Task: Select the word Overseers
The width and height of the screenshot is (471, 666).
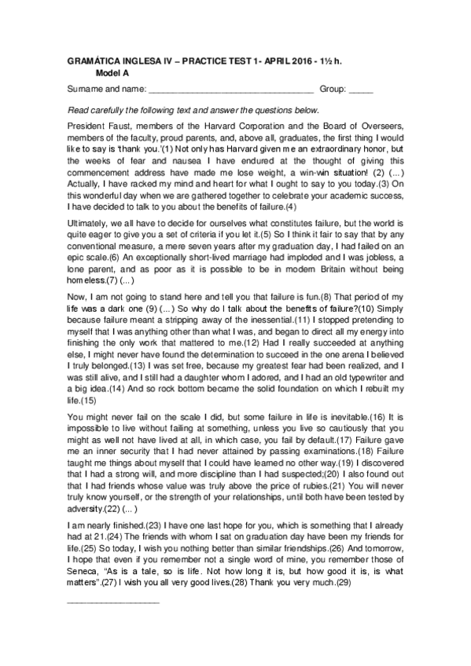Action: click(x=381, y=127)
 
